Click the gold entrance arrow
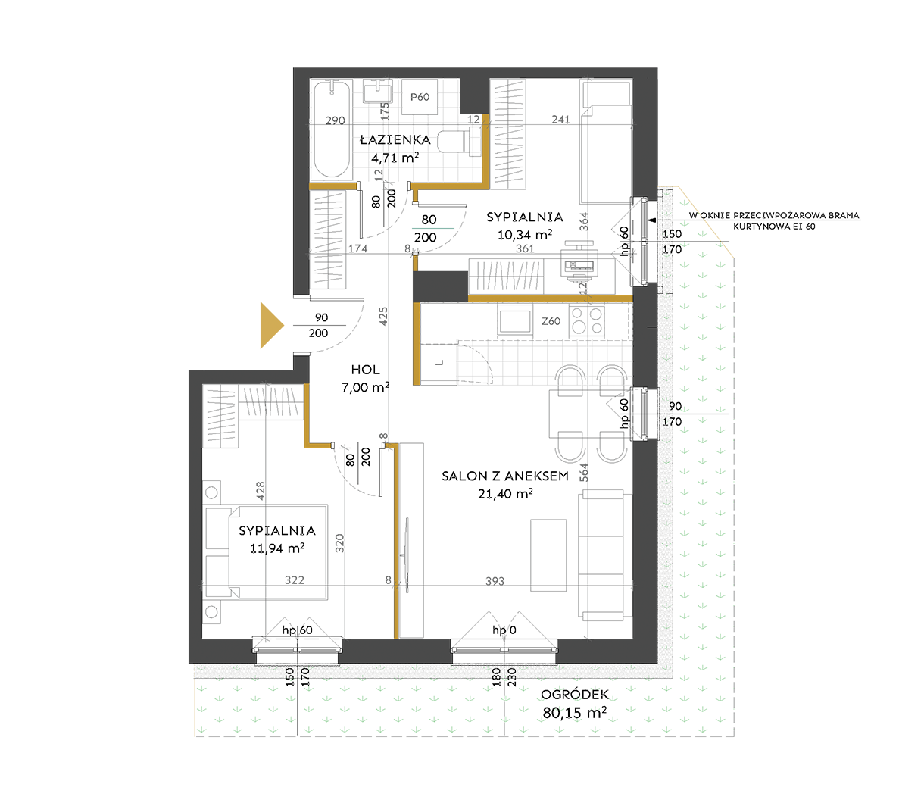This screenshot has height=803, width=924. pyautogui.click(x=270, y=325)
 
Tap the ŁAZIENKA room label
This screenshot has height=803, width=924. pyautogui.click(x=395, y=140)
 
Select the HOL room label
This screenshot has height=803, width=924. pyautogui.click(x=365, y=370)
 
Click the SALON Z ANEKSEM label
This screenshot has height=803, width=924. pyautogui.click(x=505, y=476)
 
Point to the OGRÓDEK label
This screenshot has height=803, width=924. pyautogui.click(x=575, y=695)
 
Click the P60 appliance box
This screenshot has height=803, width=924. pyautogui.click(x=420, y=97)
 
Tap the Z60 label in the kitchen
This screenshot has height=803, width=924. pyautogui.click(x=551, y=321)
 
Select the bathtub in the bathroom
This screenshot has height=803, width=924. pyautogui.click(x=332, y=130)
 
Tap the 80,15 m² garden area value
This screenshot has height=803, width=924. pyautogui.click(x=574, y=713)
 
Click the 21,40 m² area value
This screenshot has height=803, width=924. pyautogui.click(x=505, y=494)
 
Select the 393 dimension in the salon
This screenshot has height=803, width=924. pyautogui.click(x=495, y=581)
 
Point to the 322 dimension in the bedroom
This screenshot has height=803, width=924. pyautogui.click(x=295, y=580)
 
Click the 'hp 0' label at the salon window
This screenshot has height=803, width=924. pyautogui.click(x=504, y=630)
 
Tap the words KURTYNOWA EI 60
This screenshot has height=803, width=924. pyautogui.click(x=774, y=227)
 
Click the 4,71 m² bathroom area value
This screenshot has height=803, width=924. pyautogui.click(x=395, y=158)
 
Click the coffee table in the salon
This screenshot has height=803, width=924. pyautogui.click(x=548, y=555)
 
